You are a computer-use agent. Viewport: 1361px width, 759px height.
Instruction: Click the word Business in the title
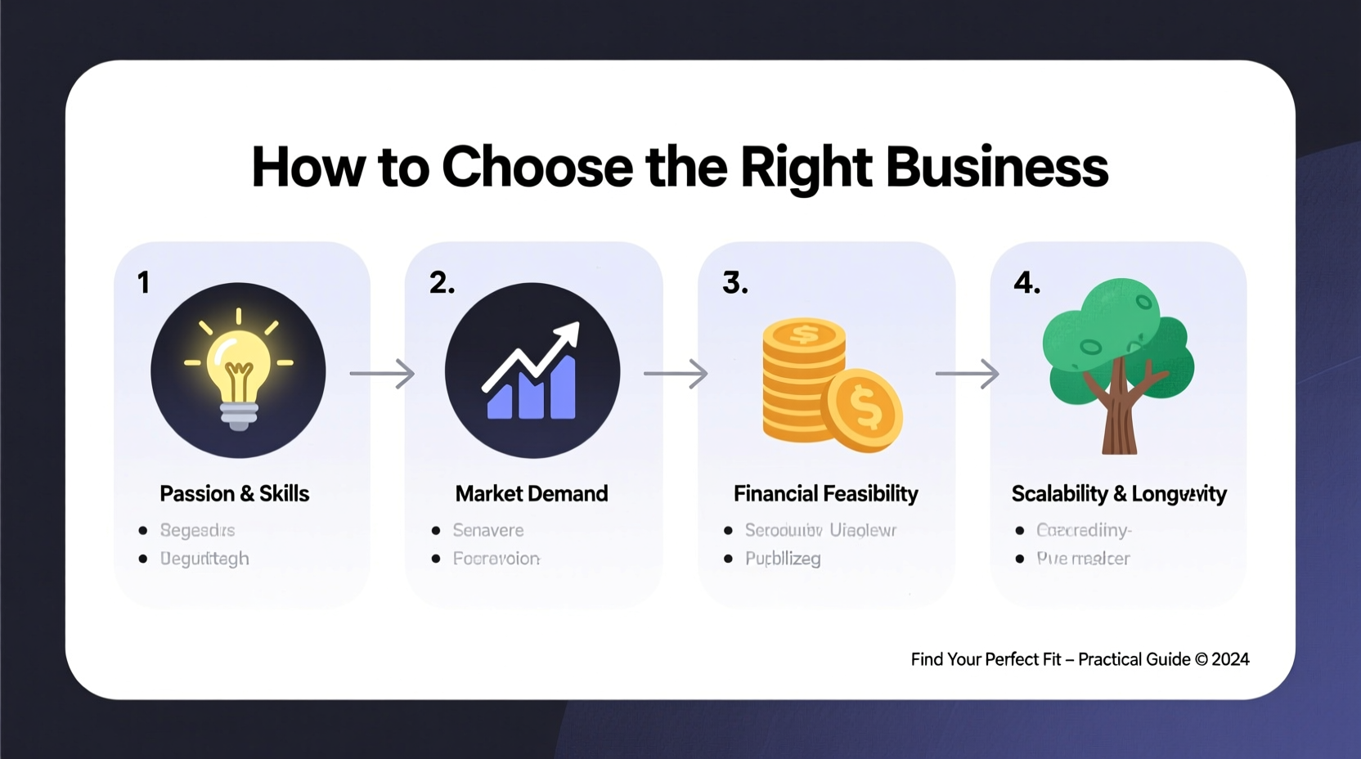coord(996,168)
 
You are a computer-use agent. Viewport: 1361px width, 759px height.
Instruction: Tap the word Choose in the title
coord(537,168)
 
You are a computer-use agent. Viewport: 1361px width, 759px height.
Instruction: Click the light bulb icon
coord(238,371)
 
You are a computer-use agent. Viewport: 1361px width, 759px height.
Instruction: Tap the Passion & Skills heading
coord(235,494)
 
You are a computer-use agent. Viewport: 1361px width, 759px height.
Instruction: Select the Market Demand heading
coord(532,494)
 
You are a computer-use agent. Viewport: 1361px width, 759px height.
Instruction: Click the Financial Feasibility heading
coord(825,494)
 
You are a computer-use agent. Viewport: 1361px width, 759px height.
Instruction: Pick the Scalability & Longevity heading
coord(1118,494)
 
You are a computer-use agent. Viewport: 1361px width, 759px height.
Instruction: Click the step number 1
coord(144,283)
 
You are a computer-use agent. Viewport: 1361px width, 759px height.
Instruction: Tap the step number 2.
coord(442,283)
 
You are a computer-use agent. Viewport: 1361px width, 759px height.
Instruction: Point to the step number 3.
coord(734,283)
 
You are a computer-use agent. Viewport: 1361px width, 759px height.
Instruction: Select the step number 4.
coord(1026,283)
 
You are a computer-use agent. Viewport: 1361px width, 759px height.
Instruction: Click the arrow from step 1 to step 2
coord(382,374)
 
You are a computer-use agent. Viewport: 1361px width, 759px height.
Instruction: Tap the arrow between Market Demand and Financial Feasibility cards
coord(676,374)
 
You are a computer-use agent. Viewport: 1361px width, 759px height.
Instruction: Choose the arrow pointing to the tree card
coord(968,374)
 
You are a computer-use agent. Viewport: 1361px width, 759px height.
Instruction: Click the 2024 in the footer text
coord(1230,659)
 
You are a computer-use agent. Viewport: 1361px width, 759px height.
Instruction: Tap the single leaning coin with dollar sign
coord(865,409)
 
